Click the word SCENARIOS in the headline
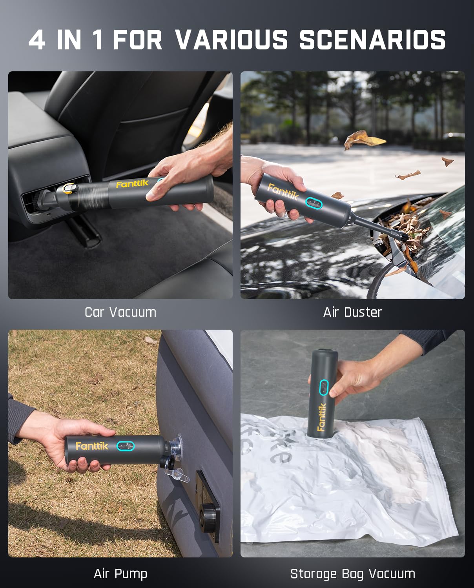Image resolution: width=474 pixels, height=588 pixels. (x=372, y=40)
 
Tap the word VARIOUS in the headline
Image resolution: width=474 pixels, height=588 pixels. (x=232, y=40)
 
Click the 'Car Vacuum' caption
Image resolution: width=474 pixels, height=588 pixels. (x=120, y=312)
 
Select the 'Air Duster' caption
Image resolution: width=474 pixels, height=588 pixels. (x=352, y=312)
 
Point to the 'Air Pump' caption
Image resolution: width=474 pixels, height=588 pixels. (x=120, y=573)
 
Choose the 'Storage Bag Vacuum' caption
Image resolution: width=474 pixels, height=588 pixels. (x=352, y=573)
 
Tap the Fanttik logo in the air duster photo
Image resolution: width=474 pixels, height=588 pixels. (x=283, y=192)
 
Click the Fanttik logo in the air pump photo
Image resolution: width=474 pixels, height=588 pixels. (x=92, y=446)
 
